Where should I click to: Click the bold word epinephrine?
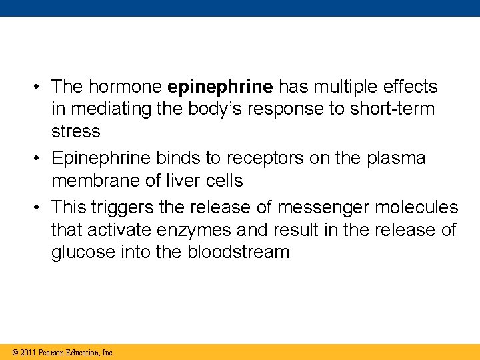tap(221, 87)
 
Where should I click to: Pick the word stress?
tap(76, 131)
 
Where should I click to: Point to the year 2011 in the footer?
tap(27, 353)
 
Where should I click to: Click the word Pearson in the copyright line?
tap(53, 353)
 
